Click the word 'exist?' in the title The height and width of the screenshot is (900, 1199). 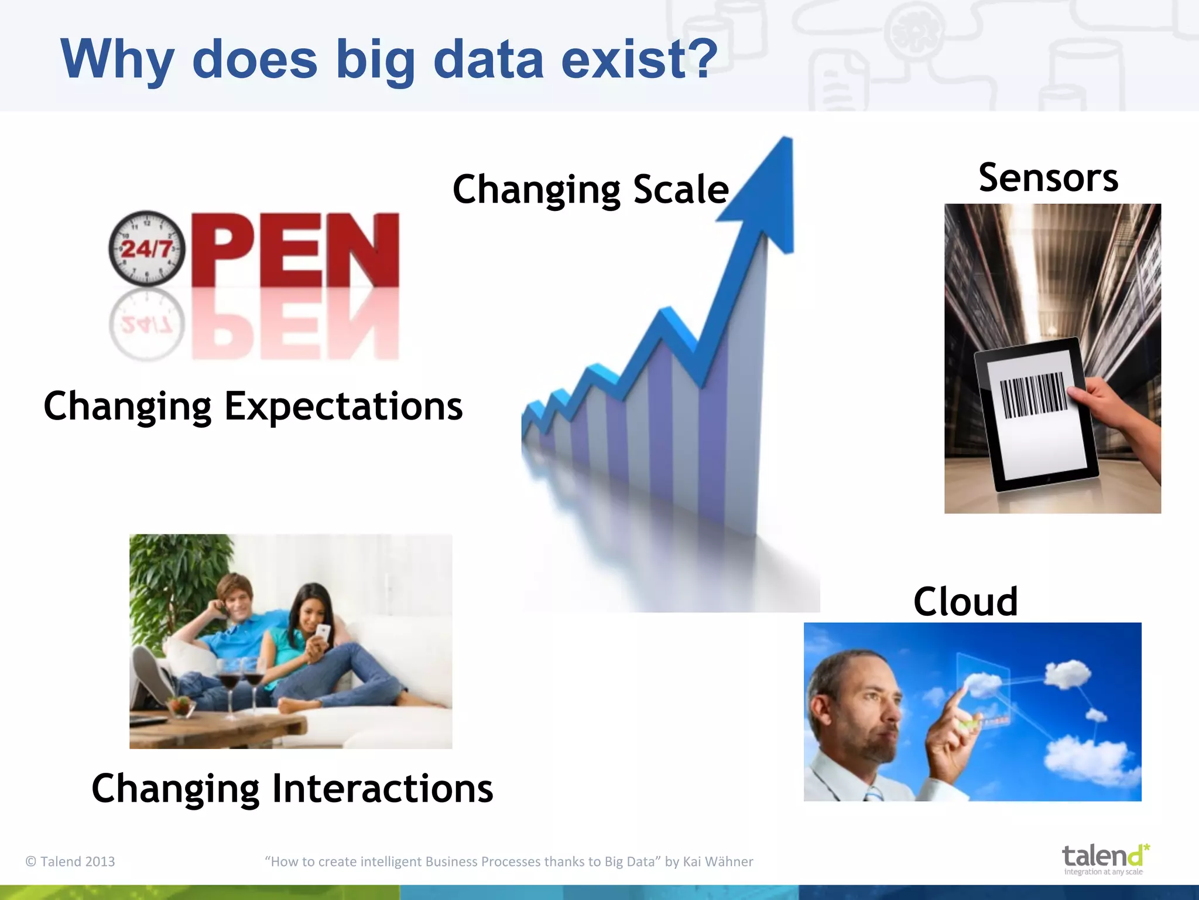(x=638, y=60)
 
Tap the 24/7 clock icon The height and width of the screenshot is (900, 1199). (x=146, y=248)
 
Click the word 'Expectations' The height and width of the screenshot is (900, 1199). (x=344, y=407)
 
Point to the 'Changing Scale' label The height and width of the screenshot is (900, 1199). (x=590, y=190)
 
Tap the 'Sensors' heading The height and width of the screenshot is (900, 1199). (x=1048, y=178)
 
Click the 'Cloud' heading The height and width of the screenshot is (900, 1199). (x=965, y=602)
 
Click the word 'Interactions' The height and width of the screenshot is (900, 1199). (x=383, y=789)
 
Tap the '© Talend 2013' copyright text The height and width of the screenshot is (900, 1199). (x=70, y=861)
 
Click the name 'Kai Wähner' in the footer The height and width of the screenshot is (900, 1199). (x=718, y=861)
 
